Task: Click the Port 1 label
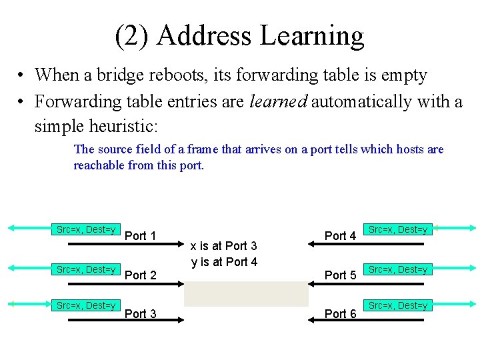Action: [x=140, y=235]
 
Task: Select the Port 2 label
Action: [x=140, y=275]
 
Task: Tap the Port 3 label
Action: [x=140, y=314]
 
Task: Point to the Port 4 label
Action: [x=340, y=235]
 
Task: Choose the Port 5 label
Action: [x=340, y=275]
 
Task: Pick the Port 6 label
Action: [x=340, y=314]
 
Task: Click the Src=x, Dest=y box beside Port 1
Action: [x=86, y=229]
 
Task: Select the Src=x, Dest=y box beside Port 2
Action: [x=86, y=269]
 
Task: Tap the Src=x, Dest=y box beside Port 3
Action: [x=86, y=305]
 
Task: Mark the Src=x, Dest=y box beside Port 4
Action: [x=398, y=229]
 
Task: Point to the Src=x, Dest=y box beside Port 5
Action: [x=398, y=269]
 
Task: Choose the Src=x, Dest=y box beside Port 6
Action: [x=398, y=305]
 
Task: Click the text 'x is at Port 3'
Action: [x=224, y=247]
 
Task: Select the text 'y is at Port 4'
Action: [x=224, y=262]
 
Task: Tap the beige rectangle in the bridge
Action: [x=246, y=293]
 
